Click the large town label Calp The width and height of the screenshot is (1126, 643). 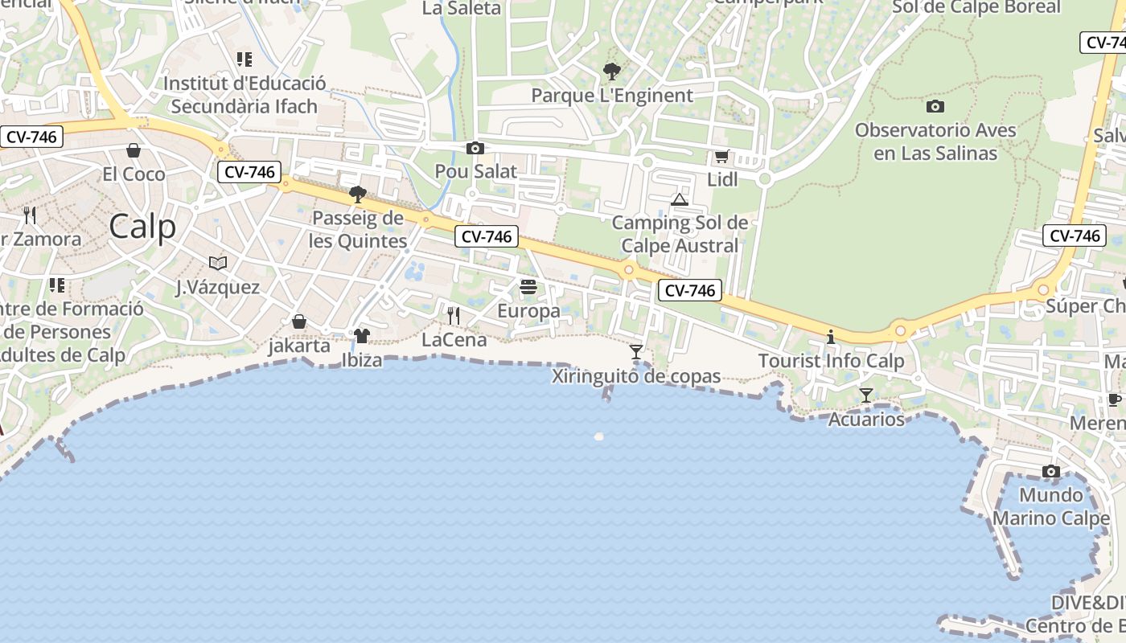tap(142, 227)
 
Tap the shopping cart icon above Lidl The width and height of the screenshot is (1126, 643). tap(721, 157)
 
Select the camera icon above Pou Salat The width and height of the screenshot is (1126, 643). tap(475, 148)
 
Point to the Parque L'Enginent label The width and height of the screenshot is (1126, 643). tap(611, 96)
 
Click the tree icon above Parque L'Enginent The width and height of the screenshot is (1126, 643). tap(611, 72)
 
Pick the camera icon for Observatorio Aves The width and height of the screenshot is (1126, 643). tap(935, 106)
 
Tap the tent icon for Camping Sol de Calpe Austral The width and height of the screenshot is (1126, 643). tap(680, 199)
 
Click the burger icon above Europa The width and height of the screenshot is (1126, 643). tap(528, 287)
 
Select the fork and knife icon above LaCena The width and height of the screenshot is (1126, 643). tap(454, 316)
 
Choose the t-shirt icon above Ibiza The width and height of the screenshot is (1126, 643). tap(362, 336)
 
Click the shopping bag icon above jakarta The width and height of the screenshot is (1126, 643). tap(299, 321)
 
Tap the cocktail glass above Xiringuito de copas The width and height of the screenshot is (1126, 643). tap(636, 352)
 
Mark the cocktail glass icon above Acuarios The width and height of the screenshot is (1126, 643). tap(866, 395)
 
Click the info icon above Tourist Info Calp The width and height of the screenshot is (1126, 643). tap(831, 338)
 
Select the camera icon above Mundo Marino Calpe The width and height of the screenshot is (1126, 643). tap(1051, 471)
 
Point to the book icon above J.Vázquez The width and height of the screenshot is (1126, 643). tap(217, 263)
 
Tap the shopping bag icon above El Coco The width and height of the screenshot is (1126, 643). tap(134, 150)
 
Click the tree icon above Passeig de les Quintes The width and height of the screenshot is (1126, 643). tap(358, 194)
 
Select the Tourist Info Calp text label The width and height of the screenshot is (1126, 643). tap(831, 362)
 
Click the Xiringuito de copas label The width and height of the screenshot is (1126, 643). tap(636, 376)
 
